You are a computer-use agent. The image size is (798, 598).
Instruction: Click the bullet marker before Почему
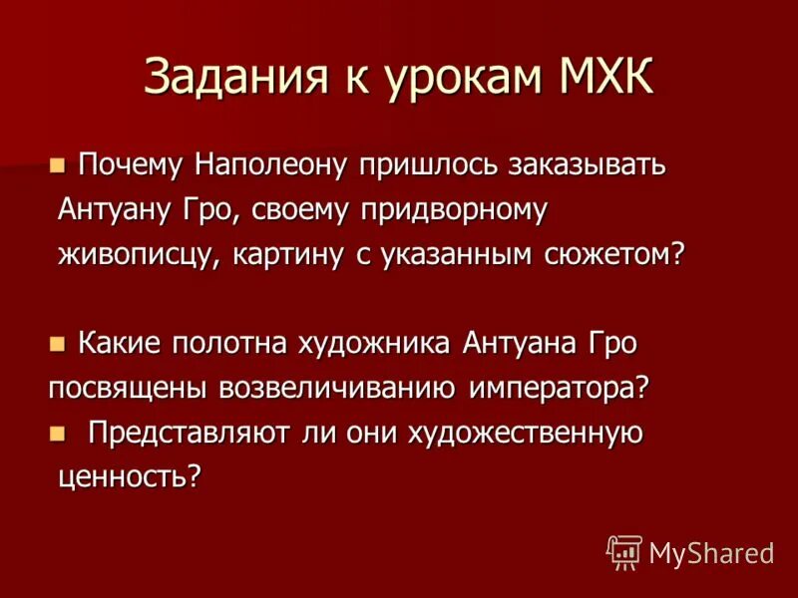[x=57, y=163]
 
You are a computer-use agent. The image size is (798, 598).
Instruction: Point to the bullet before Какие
[x=57, y=343]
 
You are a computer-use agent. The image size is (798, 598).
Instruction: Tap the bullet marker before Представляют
[x=57, y=433]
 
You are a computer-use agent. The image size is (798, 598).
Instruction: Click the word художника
[x=375, y=345]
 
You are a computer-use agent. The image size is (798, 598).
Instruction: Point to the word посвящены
[x=123, y=390]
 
